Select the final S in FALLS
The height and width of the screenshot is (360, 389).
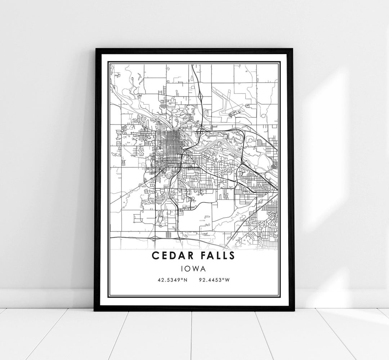(232, 256)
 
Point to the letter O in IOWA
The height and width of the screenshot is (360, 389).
(189, 268)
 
